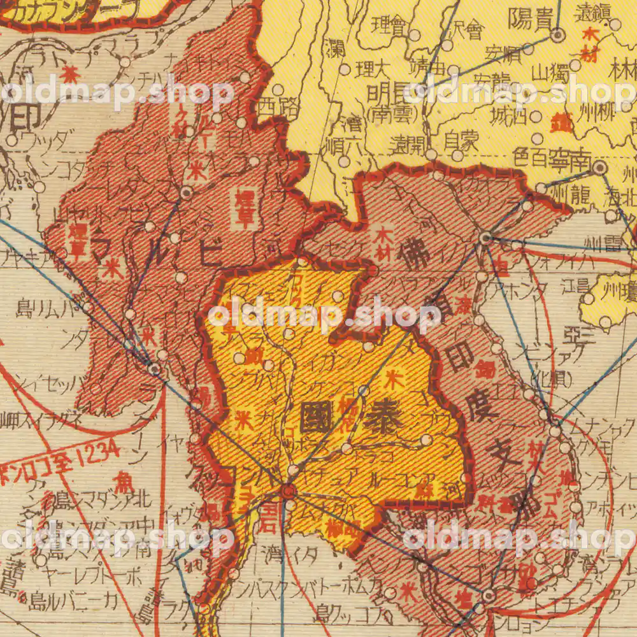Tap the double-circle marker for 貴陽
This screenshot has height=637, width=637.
558,36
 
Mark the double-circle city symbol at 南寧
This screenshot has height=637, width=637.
600,168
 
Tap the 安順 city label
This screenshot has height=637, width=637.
501,51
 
